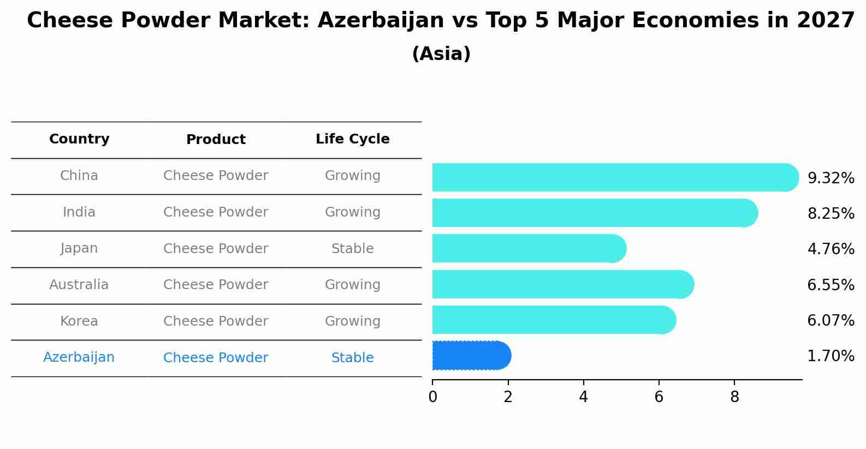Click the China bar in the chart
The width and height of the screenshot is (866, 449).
point(615,177)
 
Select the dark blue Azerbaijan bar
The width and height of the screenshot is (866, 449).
point(472,356)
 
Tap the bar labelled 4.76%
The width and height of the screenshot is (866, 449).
point(529,248)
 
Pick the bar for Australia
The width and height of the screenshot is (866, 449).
point(564,284)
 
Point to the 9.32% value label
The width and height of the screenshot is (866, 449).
point(831,178)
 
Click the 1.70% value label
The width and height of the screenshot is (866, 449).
point(831,356)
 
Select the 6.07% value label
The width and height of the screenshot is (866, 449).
point(831,320)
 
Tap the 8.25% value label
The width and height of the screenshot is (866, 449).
point(831,213)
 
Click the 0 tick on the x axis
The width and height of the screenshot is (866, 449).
point(432,397)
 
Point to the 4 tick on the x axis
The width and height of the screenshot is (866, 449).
point(584,397)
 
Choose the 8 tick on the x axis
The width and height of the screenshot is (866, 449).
point(734,397)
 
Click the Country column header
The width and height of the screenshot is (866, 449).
point(79,139)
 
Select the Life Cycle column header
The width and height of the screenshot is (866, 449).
point(353,139)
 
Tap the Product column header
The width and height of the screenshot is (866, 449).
point(216,139)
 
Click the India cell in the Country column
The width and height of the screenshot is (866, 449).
point(79,212)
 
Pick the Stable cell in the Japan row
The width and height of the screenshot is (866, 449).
point(353,248)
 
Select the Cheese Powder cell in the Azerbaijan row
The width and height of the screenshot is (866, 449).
point(216,357)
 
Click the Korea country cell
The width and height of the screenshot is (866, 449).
point(79,321)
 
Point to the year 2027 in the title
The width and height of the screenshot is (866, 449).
point(826,20)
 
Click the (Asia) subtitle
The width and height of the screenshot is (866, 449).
point(442,53)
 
